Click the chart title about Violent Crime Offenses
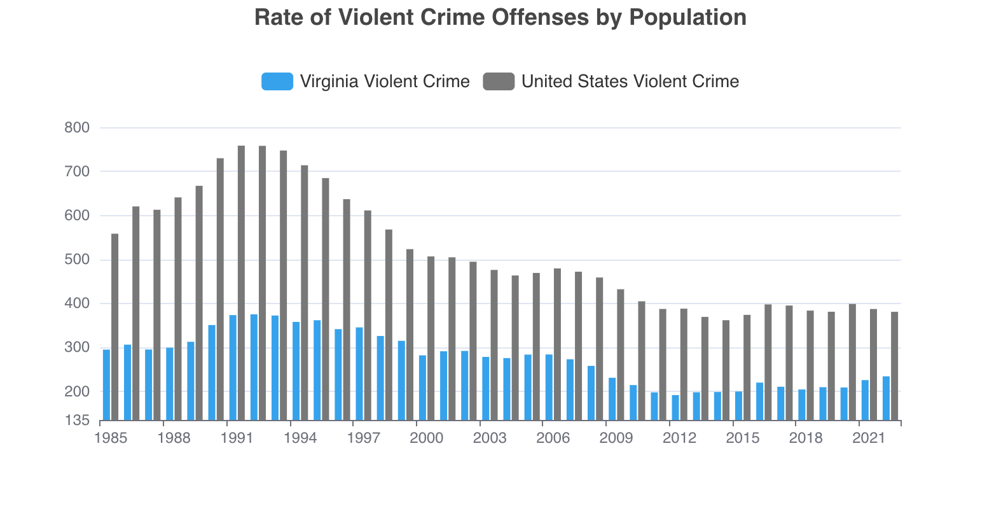coord(500,17)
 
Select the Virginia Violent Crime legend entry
coord(366,81)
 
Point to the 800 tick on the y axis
coord(77,127)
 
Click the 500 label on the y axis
coord(77,260)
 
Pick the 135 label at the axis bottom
coord(77,421)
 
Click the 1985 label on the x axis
coord(111,438)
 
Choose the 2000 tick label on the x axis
coord(426,438)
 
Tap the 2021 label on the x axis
coord(869,438)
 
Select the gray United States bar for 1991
coord(241,283)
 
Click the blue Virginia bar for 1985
coord(106,385)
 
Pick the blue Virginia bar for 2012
coord(675,408)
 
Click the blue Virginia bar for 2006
coord(549,387)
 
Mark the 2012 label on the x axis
coord(679,438)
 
